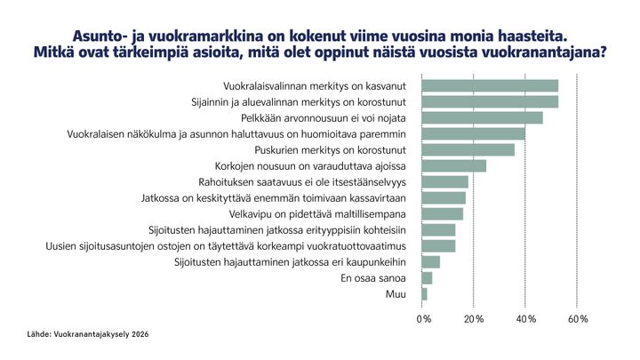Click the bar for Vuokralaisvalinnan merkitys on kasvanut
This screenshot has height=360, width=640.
(x=490, y=85)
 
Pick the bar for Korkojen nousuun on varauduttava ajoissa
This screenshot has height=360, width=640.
(x=453, y=165)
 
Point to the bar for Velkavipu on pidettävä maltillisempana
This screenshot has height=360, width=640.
(x=442, y=213)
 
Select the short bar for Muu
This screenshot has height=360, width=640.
(x=424, y=293)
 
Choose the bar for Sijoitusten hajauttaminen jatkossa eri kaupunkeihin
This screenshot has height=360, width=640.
(x=430, y=261)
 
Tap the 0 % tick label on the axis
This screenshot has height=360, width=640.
(x=424, y=318)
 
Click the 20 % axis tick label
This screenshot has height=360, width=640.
(x=474, y=318)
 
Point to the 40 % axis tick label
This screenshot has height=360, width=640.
(x=526, y=318)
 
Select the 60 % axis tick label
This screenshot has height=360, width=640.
(x=578, y=318)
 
